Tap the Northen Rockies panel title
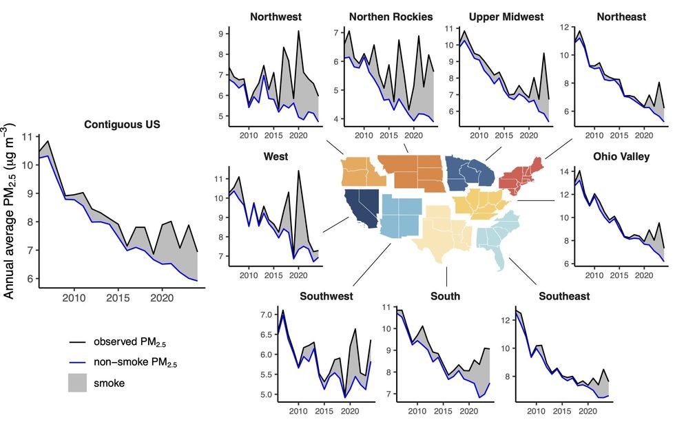[391, 16]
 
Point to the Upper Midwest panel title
[506, 16]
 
